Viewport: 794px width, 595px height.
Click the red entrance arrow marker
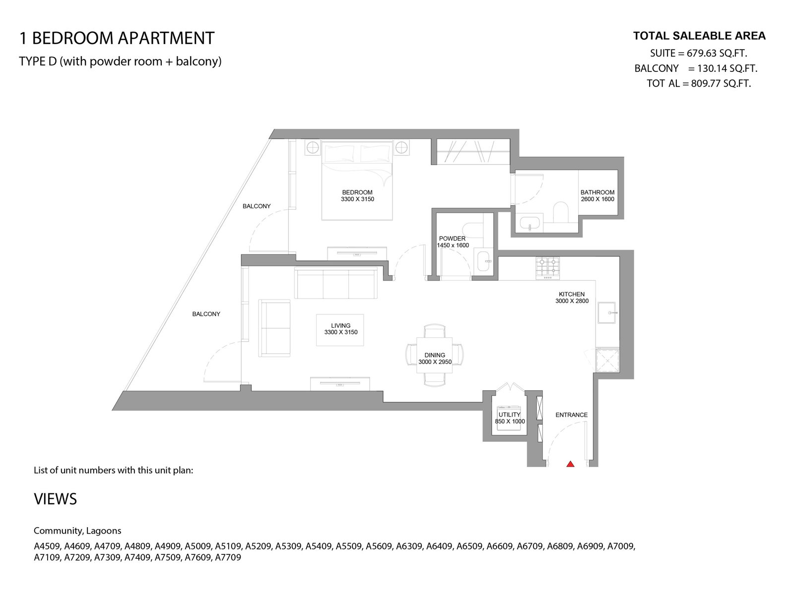[570, 464]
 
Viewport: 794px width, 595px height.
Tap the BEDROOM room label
[357, 192]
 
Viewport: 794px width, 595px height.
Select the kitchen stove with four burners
[548, 268]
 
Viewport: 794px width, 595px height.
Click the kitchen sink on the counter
[607, 312]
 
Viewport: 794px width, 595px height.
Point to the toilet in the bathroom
[561, 212]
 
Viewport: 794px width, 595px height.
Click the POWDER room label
[452, 239]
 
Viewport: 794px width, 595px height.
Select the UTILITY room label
[509, 415]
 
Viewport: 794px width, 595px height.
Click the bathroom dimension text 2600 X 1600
[597, 199]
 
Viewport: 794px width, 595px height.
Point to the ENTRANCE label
[572, 415]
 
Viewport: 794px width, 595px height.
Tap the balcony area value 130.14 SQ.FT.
[728, 68]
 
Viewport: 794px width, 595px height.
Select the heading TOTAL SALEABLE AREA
[699, 36]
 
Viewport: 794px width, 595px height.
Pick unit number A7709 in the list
[228, 557]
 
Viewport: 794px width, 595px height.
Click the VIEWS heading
[56, 499]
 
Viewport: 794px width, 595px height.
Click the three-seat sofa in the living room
[335, 283]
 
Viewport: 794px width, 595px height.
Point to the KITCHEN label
[572, 295]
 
